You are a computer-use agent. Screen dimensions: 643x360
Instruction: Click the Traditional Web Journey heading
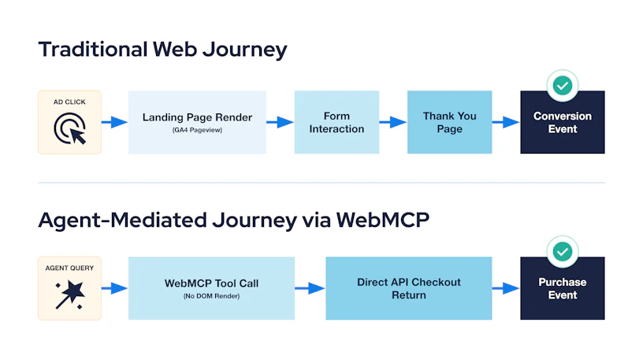tap(163, 50)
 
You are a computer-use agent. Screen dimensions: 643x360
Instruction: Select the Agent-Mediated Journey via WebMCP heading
tap(234, 221)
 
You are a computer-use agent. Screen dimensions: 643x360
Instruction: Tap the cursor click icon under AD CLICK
tap(69, 128)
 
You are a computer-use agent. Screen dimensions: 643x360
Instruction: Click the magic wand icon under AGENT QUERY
tap(69, 295)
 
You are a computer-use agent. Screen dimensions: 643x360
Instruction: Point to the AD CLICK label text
tap(69, 102)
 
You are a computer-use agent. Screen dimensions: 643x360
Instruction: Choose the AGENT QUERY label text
tap(69, 268)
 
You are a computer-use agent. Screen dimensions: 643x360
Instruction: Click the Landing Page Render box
tap(197, 122)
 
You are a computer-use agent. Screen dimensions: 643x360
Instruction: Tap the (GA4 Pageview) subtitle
tap(197, 130)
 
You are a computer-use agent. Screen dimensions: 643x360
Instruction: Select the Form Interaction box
tap(336, 122)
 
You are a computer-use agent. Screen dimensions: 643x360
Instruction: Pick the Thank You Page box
tap(449, 122)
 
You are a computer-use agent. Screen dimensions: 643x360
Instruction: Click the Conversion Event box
tap(563, 122)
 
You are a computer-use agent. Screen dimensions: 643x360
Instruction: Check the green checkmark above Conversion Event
tap(563, 86)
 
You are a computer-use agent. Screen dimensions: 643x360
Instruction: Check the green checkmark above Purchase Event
tap(563, 251)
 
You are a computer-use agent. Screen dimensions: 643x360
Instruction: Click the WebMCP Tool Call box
tap(212, 288)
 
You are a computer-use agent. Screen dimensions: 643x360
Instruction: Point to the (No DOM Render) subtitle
tap(212, 296)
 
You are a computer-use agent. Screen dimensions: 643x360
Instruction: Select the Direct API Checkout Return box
tap(409, 288)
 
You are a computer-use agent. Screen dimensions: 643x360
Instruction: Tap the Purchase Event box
tap(563, 288)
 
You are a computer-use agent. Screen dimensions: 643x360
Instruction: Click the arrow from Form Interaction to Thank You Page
tap(393, 122)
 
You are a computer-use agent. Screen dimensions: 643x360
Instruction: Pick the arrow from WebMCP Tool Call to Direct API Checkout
tap(310, 288)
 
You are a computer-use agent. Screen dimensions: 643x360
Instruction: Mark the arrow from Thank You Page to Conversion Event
tap(506, 122)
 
